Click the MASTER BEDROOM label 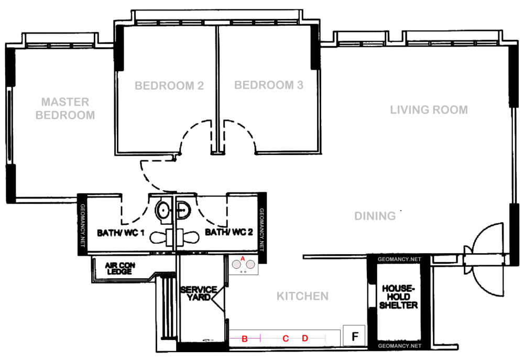[x=65, y=108]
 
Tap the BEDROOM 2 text [x=169, y=85]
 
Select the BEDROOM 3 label [x=268, y=85]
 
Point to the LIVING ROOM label [x=429, y=110]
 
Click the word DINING [x=375, y=216]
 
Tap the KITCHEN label [x=302, y=297]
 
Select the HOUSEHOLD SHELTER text [x=399, y=297]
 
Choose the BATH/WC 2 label [x=229, y=232]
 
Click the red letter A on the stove [x=243, y=258]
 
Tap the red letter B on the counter [x=244, y=339]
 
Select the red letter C [x=286, y=339]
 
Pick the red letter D [x=305, y=339]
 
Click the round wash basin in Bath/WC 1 [x=163, y=211]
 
